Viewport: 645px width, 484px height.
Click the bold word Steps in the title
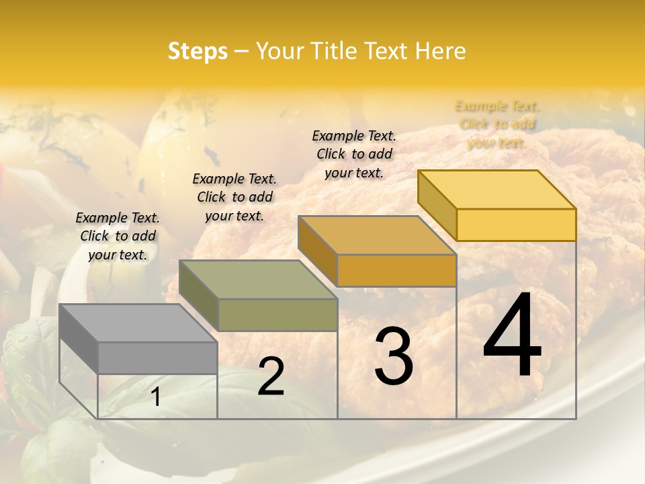(198, 51)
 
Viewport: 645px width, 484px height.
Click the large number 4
(512, 336)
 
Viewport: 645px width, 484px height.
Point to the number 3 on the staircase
(394, 356)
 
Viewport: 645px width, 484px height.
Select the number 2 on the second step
(271, 376)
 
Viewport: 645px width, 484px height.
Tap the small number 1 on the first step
(156, 398)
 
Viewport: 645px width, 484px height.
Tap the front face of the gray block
(157, 358)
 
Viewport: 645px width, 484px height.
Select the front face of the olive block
(277, 315)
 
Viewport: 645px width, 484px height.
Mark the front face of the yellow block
(516, 225)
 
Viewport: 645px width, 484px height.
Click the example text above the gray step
(118, 236)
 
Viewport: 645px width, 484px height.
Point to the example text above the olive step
(234, 197)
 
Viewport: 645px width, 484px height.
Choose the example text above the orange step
(354, 154)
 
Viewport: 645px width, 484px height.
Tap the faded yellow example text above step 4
(497, 124)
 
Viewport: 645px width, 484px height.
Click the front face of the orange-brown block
(396, 270)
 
